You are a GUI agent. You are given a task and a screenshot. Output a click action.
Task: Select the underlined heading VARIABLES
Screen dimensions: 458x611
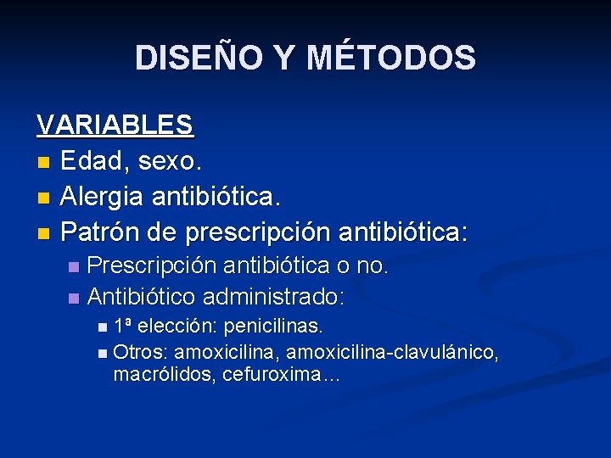115,125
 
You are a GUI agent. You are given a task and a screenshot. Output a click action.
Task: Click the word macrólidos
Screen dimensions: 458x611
163,375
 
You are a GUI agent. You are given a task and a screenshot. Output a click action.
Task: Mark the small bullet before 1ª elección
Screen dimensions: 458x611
103,327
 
